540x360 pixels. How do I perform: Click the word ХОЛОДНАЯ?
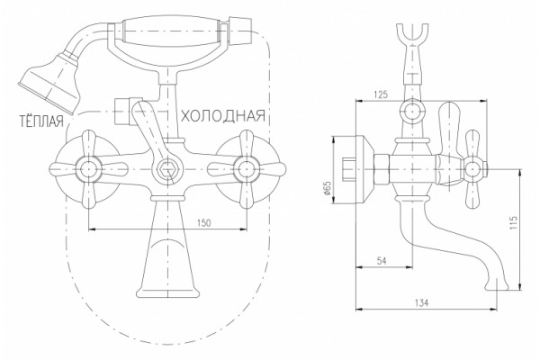pyautogui.click(x=223, y=116)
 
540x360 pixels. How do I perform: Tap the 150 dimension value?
pyautogui.click(x=203, y=223)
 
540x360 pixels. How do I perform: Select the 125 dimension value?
pyautogui.click(x=381, y=94)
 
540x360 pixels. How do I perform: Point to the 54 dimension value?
pyautogui.click(x=382, y=261)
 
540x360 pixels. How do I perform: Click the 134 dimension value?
pyautogui.click(x=421, y=302)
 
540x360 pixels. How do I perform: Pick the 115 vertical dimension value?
pyautogui.click(x=514, y=223)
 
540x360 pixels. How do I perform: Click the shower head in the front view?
pyautogui.click(x=51, y=83)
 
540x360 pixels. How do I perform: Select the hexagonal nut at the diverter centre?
pyautogui.click(x=167, y=169)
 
